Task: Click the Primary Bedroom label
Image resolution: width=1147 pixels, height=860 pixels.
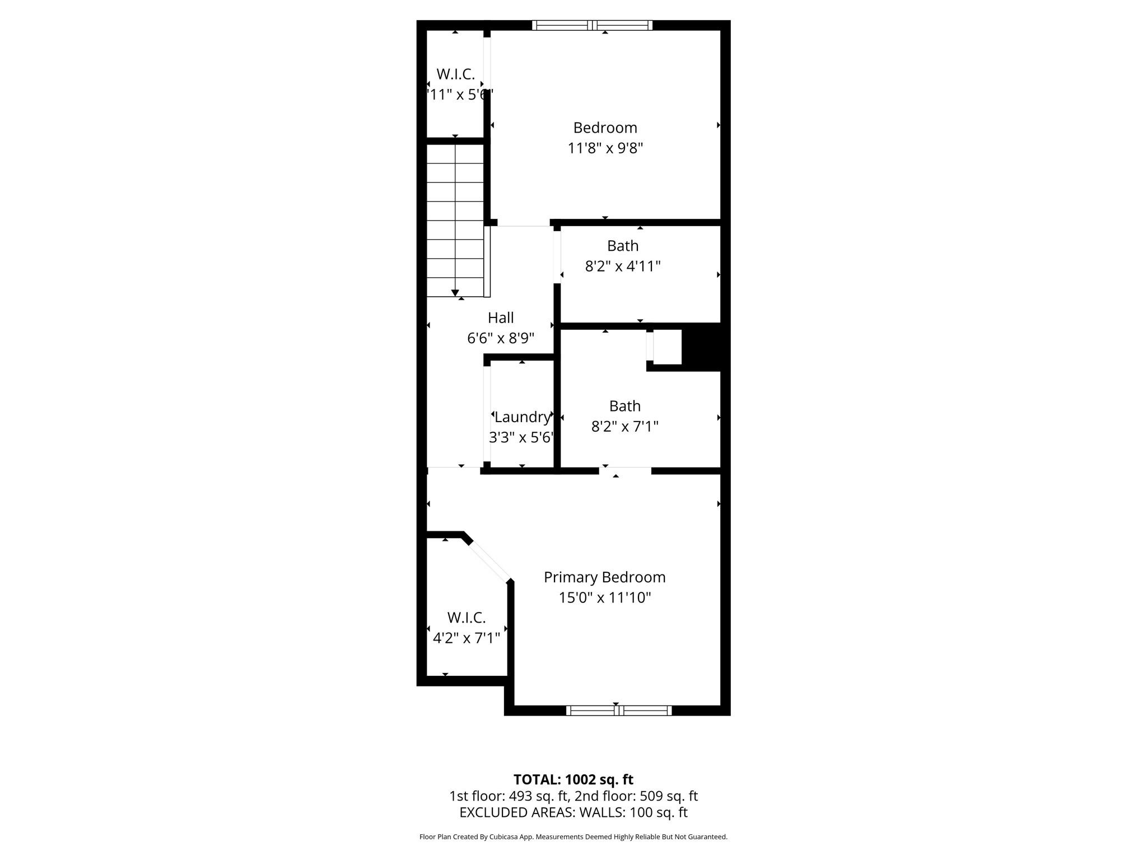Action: (x=604, y=577)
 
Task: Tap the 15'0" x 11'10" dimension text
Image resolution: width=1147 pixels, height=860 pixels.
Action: (x=604, y=598)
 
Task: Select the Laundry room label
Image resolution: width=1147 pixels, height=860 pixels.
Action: (x=522, y=417)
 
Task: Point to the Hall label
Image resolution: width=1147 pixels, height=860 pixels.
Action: (x=501, y=318)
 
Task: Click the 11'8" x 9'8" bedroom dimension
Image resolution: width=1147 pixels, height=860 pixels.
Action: (x=605, y=148)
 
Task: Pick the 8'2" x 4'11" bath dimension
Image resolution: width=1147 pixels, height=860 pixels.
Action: (x=623, y=267)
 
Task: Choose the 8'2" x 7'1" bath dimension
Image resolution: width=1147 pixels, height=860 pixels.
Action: (x=624, y=427)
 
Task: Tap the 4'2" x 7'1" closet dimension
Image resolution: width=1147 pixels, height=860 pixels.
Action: (x=466, y=638)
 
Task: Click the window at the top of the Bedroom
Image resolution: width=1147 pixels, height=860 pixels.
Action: (x=592, y=25)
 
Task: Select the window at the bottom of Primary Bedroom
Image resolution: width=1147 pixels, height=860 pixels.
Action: (x=618, y=711)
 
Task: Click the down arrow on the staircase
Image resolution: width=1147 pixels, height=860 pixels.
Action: (x=455, y=292)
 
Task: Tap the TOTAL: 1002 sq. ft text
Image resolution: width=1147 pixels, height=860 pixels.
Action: (x=573, y=779)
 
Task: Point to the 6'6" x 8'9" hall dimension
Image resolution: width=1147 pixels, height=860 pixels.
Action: (x=501, y=339)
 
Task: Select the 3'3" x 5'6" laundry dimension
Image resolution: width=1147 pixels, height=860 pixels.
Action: (x=521, y=438)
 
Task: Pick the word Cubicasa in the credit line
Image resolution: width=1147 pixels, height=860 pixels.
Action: (x=502, y=837)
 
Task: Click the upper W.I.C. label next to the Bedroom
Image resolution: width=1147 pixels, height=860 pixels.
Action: (x=455, y=74)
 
